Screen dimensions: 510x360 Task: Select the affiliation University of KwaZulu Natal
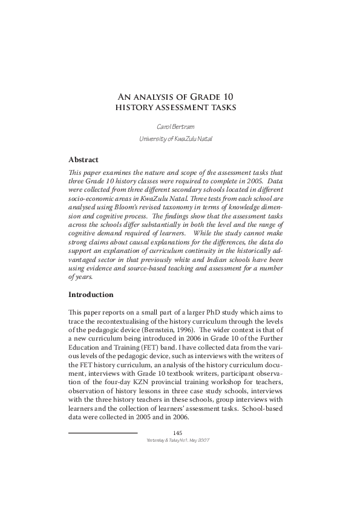180,139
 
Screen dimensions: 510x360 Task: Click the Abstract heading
83,160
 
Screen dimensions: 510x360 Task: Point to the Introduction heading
91,295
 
